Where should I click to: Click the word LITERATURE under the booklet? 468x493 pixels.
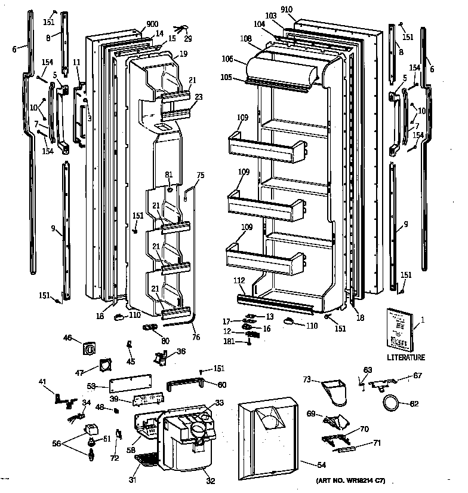[405, 357]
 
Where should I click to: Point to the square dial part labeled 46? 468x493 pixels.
[91, 348]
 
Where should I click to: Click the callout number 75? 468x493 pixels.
[200, 176]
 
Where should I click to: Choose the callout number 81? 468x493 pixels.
[170, 175]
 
